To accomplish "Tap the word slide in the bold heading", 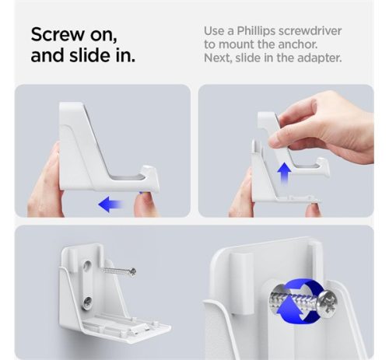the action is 91,55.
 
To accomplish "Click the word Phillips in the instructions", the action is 256,31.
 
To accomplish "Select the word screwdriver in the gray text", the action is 310,31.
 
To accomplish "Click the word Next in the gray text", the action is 218,58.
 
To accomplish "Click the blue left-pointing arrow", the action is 110,204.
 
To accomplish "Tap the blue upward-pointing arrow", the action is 284,173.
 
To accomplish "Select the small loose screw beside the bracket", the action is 119,271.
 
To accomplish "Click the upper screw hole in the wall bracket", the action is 87,265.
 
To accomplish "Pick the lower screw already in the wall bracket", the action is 88,301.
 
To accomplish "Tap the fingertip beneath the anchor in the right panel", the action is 312,209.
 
